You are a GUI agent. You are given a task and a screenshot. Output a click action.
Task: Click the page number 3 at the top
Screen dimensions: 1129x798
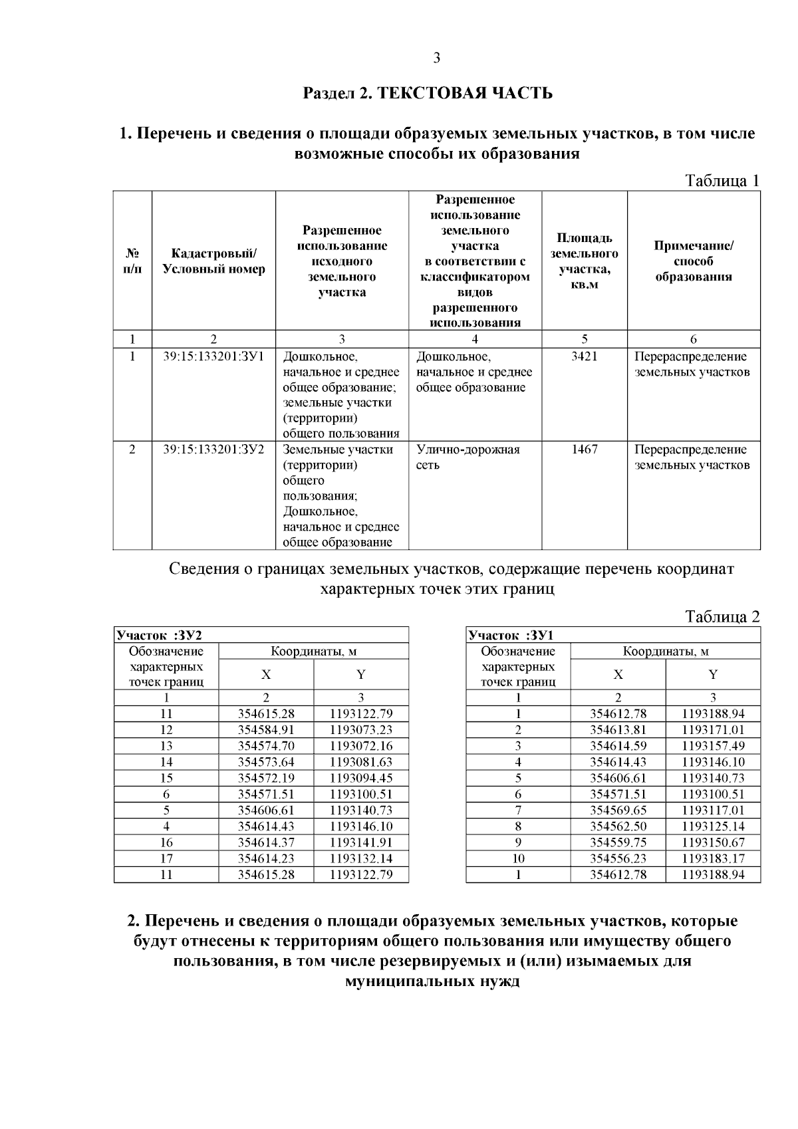(x=437, y=58)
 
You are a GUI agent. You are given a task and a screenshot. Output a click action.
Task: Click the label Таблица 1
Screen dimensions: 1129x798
(x=722, y=180)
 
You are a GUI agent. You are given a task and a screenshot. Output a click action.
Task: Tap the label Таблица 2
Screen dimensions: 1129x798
(x=722, y=616)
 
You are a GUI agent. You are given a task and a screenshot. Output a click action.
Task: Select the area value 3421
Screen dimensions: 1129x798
(x=585, y=356)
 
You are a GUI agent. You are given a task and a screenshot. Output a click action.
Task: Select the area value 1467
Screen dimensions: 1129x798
(x=585, y=449)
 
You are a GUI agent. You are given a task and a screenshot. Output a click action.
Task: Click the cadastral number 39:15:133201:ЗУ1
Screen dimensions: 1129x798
(x=213, y=356)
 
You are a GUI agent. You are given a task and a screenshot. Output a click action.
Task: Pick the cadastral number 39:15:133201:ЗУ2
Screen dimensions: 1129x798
(x=213, y=449)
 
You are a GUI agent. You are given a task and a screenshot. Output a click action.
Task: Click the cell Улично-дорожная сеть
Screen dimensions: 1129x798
(x=467, y=457)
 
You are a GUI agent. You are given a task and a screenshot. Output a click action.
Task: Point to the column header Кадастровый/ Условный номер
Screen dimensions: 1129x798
(x=213, y=261)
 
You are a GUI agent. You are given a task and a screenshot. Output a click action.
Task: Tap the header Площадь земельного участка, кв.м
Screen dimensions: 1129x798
(x=585, y=261)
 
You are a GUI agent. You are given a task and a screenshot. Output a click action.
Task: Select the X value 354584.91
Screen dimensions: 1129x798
(x=266, y=730)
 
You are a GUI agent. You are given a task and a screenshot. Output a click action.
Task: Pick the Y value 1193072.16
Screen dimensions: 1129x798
(x=360, y=746)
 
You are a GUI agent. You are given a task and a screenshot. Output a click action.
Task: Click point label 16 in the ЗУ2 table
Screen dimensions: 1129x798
(x=166, y=842)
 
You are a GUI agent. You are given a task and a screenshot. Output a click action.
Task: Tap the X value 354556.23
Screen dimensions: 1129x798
(x=618, y=858)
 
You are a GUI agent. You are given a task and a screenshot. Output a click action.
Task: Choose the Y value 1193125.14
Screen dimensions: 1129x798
(x=713, y=826)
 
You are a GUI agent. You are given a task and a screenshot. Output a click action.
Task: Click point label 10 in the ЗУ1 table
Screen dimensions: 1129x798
(x=518, y=858)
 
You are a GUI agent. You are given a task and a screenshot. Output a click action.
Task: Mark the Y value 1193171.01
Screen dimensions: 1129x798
(x=713, y=730)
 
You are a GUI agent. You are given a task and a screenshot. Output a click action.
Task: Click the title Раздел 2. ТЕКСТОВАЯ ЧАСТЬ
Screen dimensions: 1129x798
(x=428, y=92)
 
